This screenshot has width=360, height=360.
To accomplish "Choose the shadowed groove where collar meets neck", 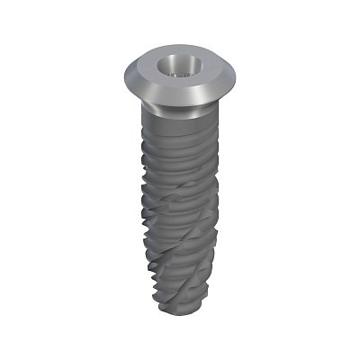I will (175, 109).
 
